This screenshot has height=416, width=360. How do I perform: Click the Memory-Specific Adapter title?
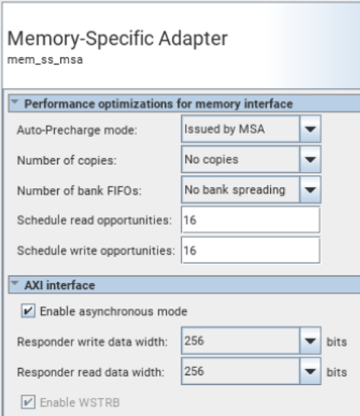(x=117, y=39)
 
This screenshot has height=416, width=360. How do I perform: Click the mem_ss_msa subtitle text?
(x=45, y=59)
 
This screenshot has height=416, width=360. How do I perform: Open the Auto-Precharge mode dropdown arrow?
(x=310, y=129)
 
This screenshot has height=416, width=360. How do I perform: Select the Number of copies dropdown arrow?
(x=310, y=160)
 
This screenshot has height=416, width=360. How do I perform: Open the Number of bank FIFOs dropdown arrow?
(x=310, y=190)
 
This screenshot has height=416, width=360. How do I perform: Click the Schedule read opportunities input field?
(x=250, y=220)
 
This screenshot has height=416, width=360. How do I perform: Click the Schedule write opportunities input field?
(x=250, y=250)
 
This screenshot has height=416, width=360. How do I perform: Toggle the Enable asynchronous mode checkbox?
(x=28, y=311)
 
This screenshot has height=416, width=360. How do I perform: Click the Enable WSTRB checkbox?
(x=28, y=402)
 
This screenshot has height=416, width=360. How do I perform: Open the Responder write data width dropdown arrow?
(x=310, y=341)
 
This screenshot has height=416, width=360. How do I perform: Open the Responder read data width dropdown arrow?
(x=310, y=371)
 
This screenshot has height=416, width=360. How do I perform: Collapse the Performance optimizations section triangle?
(x=15, y=102)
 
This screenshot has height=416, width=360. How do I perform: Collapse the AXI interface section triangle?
(x=15, y=284)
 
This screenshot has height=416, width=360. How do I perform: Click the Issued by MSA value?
(x=225, y=129)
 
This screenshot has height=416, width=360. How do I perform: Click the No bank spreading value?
(x=235, y=190)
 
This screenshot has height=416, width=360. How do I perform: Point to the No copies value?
(x=212, y=160)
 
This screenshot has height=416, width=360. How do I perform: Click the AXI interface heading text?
(x=59, y=285)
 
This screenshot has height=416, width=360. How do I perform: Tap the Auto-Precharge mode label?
(x=77, y=130)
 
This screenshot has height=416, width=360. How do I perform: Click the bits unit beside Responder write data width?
(x=336, y=341)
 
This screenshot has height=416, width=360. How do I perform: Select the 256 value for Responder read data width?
(x=194, y=371)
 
